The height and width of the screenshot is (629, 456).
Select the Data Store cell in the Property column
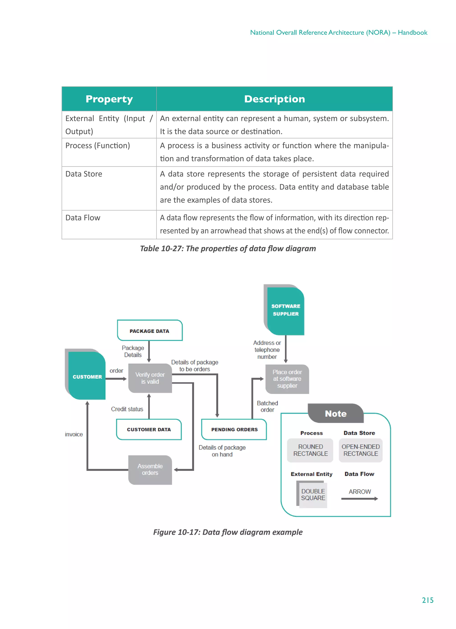(84, 174)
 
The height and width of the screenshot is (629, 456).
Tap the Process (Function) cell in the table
(98, 145)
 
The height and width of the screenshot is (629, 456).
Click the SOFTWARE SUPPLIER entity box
(285, 310)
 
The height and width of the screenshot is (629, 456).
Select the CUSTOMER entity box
(87, 376)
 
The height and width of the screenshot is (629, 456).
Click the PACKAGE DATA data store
(149, 331)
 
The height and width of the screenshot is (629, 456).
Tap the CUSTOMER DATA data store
(149, 429)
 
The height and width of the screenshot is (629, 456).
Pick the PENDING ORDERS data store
(234, 429)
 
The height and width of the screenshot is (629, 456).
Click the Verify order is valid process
(150, 378)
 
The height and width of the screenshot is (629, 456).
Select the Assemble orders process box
(150, 469)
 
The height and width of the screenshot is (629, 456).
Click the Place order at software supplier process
(287, 379)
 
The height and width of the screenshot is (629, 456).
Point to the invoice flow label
(74, 434)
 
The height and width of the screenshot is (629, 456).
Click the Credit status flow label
(127, 409)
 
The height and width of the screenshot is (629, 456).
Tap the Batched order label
(267, 406)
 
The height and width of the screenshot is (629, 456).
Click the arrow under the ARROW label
(359, 499)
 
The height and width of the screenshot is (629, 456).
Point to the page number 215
(427, 600)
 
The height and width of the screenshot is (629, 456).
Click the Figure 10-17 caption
(228, 532)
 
